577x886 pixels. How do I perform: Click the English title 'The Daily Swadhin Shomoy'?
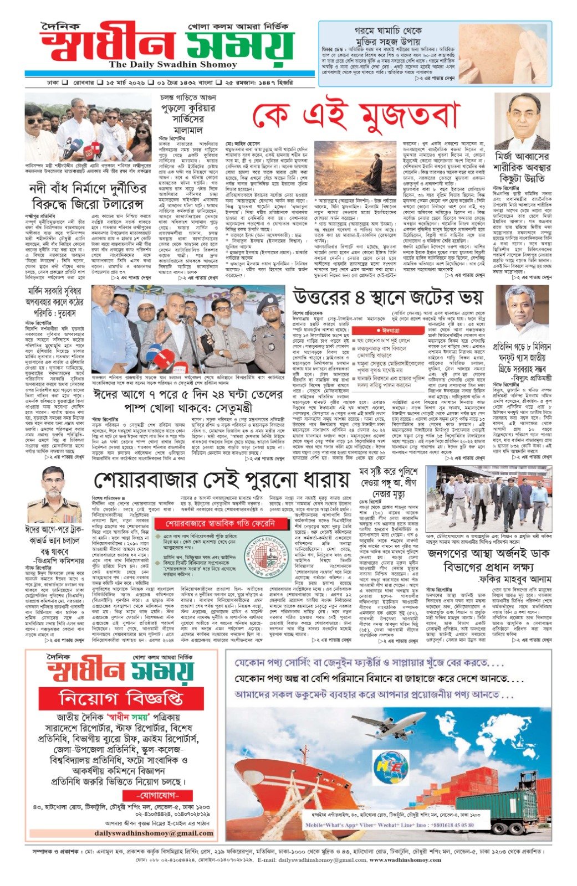click(x=172, y=65)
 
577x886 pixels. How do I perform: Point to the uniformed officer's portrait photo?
click(x=54, y=495)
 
